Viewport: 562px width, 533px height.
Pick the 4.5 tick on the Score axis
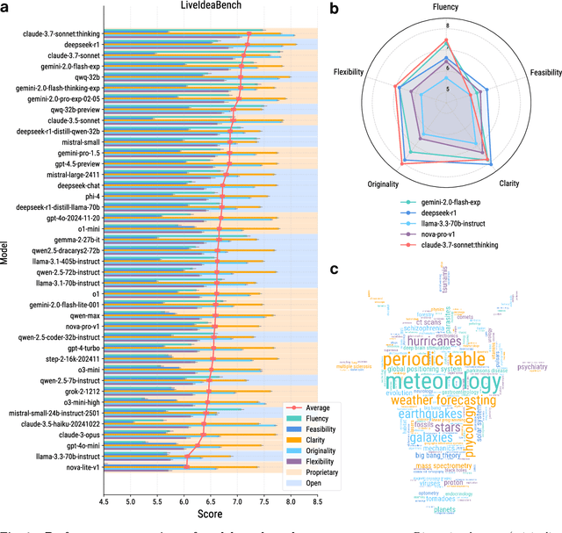click(104, 501)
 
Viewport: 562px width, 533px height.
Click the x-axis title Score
click(211, 515)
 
